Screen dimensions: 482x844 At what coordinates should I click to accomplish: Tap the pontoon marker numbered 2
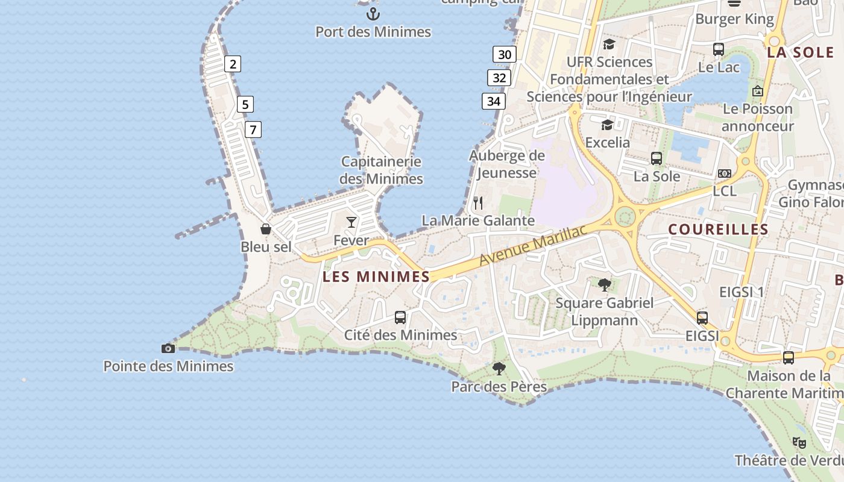pos(233,64)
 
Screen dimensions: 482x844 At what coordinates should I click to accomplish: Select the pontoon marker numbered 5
pos(245,104)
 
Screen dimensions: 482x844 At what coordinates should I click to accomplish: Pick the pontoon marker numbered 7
pos(253,129)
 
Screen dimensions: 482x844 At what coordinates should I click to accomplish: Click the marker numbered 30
pos(505,55)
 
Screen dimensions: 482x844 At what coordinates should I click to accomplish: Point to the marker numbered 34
pos(493,101)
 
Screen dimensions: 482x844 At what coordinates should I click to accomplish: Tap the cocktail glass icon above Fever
pos(351,222)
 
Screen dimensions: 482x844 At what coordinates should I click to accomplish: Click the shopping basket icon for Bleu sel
pos(265,229)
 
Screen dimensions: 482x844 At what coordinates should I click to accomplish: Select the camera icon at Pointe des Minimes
pos(168,348)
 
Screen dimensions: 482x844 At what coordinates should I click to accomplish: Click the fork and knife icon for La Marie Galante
pos(478,202)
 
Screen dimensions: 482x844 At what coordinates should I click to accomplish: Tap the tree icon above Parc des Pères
pos(499,368)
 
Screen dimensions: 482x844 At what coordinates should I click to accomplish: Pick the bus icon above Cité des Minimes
pos(400,317)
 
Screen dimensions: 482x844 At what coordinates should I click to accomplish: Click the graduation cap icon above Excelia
pos(607,125)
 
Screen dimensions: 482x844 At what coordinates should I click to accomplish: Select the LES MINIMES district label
pos(376,277)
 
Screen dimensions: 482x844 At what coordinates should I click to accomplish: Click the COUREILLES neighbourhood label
pos(718,230)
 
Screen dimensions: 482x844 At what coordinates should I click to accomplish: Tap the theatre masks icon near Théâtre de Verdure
pos(799,443)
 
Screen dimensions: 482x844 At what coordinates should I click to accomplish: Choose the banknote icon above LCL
pos(724,174)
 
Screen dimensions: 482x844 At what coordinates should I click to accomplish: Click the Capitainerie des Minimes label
pos(381,170)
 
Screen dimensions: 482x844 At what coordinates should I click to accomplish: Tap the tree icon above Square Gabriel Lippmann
pos(604,284)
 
